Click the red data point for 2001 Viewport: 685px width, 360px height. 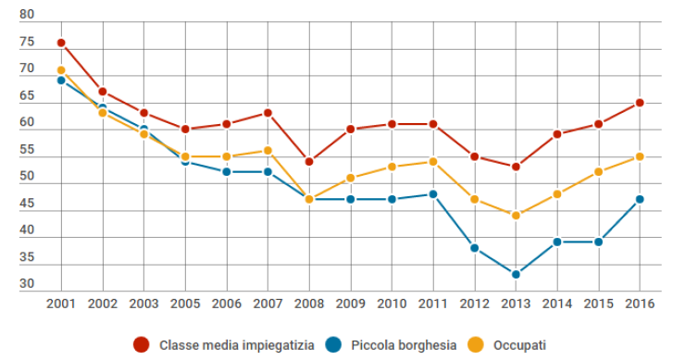(61, 43)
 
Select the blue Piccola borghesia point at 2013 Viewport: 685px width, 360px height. (516, 275)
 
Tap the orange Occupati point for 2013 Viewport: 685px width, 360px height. (516, 216)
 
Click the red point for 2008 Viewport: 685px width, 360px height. (309, 162)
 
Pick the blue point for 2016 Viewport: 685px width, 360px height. (640, 199)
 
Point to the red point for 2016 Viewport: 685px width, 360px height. (640, 103)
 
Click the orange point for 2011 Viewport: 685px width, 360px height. (433, 162)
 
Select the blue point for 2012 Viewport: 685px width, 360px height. (474, 248)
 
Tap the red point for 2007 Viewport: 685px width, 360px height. (268, 113)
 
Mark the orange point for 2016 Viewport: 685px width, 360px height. (640, 156)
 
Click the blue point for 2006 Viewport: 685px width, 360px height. (227, 172)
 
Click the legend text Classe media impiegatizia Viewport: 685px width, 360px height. (236, 345)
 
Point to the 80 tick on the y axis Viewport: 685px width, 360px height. (26, 16)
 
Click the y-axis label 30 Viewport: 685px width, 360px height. (26, 284)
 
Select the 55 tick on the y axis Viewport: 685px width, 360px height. (26, 150)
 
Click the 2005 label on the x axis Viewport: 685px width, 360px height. (185, 304)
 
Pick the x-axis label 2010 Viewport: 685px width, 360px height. (392, 304)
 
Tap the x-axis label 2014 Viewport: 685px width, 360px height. (557, 304)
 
